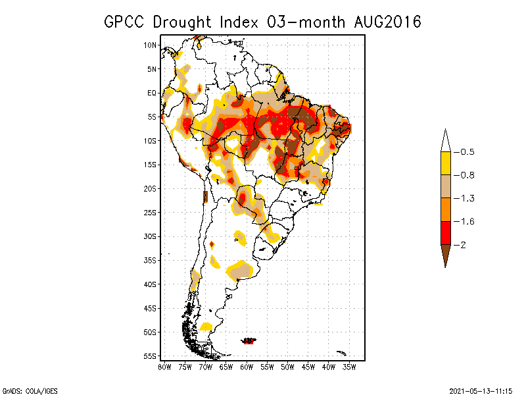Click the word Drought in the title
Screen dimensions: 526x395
tap(182, 22)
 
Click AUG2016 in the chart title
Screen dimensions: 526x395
tap(387, 22)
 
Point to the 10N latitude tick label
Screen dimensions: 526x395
tap(150, 45)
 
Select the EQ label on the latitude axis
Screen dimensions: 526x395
tap(152, 93)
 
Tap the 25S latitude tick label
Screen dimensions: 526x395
tap(150, 213)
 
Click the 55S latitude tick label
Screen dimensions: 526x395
tap(150, 356)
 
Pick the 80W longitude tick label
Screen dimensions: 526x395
tap(165, 367)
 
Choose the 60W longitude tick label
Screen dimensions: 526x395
tap(247, 367)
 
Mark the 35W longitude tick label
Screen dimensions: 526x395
tap(349, 367)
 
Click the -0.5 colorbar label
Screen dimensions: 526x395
tap(464, 152)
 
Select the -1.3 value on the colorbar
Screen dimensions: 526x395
tap(464, 199)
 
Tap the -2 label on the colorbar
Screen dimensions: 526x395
tap(460, 245)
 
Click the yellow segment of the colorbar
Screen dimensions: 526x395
tap(446, 163)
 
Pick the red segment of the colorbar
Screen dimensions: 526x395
tap(446, 233)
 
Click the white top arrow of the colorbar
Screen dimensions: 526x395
tap(446, 142)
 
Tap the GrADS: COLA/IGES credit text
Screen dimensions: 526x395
tap(30, 391)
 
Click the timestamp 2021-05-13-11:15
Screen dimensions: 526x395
tap(481, 391)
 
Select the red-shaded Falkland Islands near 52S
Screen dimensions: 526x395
tap(249, 341)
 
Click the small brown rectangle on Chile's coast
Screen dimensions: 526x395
tap(205, 197)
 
